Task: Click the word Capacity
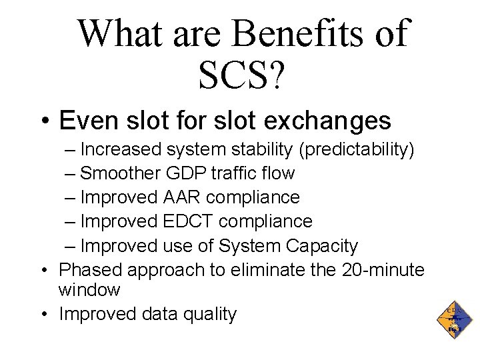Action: pos(322,245)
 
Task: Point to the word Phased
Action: pos(89,269)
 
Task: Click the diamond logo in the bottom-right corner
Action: pos(453,319)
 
